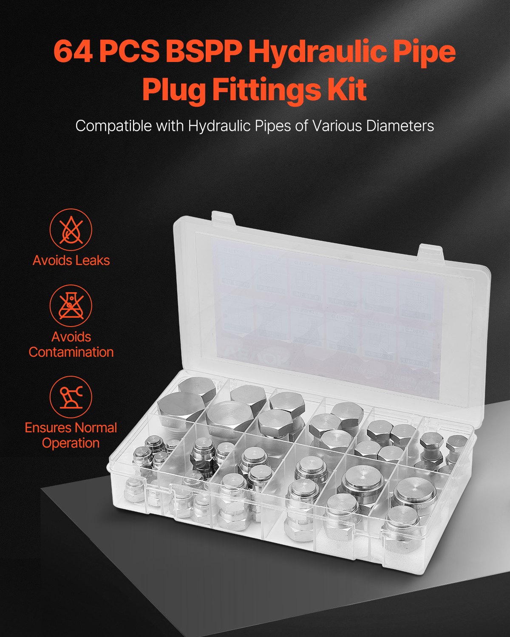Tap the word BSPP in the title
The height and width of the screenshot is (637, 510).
(x=203, y=52)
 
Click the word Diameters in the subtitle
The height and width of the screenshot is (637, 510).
(x=397, y=126)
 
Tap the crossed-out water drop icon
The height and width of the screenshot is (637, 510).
(x=71, y=230)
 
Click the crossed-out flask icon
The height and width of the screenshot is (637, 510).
(x=71, y=305)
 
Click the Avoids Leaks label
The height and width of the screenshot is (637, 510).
(x=71, y=260)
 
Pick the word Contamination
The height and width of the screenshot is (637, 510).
(x=71, y=352)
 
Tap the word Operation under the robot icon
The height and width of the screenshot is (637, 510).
(x=71, y=443)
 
